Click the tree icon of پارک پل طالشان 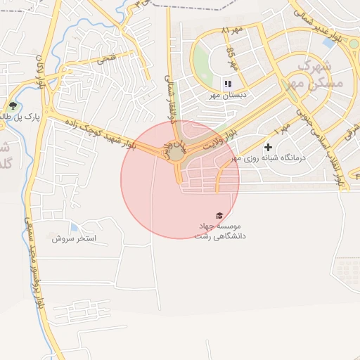(x=12, y=106)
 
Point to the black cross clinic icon (x=268, y=147)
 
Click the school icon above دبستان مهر (x=227, y=83)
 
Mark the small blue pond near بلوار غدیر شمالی (x=328, y=42)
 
